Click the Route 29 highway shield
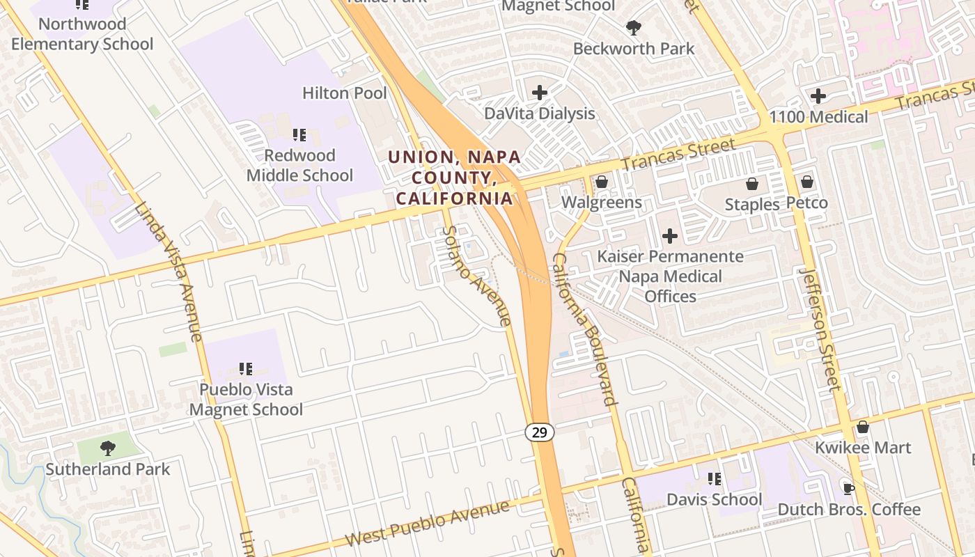click(539, 432)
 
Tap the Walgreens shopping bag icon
click(601, 182)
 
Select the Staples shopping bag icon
click(752, 184)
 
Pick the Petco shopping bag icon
click(807, 182)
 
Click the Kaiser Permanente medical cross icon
click(670, 236)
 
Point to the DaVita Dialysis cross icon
click(540, 92)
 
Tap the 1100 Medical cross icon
click(818, 95)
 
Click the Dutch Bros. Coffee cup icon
click(848, 488)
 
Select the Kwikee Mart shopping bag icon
click(863, 427)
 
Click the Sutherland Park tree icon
click(107, 448)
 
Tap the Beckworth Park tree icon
click(634, 28)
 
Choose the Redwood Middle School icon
click(299, 134)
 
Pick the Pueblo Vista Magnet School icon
click(245, 368)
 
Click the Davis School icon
click(715, 479)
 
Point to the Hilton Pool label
click(345, 93)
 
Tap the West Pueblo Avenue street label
click(427, 524)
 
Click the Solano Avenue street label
click(478, 276)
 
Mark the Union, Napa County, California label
click(455, 177)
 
